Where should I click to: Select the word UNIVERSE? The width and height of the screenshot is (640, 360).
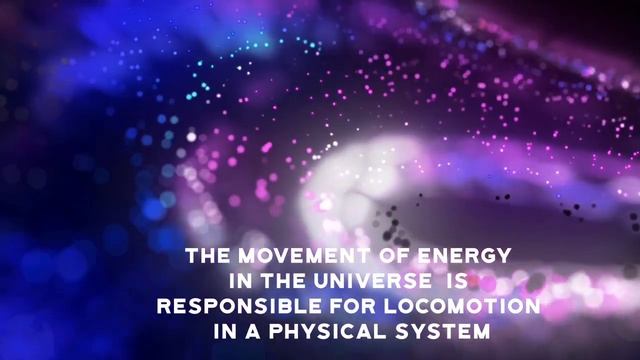pos(373,281)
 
